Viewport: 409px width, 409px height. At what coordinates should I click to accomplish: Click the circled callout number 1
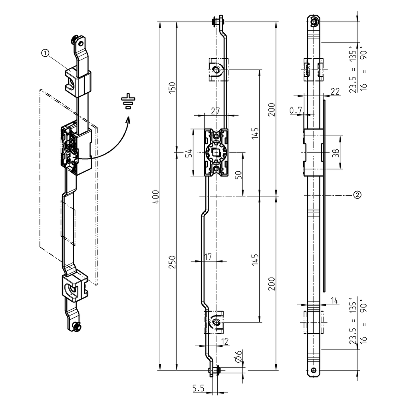[x=46, y=53]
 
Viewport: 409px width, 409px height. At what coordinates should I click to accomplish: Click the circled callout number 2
[x=357, y=195]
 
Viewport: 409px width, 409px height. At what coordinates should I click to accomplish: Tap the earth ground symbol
[x=128, y=102]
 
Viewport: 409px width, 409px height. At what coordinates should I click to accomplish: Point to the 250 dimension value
[x=172, y=262]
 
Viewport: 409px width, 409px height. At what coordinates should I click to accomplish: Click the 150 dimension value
[x=172, y=87]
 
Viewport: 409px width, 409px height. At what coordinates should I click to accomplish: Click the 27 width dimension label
[x=216, y=111]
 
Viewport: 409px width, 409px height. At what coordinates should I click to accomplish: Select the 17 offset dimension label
[x=208, y=257]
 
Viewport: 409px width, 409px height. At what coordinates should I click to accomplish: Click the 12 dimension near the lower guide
[x=225, y=341]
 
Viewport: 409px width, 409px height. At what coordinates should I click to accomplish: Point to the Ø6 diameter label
[x=238, y=357]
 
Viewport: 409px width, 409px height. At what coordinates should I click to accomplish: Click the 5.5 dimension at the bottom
[x=199, y=388]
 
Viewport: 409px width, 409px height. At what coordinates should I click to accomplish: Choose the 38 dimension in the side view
[x=336, y=153]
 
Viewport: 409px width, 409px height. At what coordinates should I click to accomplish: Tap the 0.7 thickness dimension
[x=296, y=111]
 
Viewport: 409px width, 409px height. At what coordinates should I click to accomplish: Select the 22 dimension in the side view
[x=335, y=91]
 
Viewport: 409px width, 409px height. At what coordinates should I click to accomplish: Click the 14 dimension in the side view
[x=335, y=301]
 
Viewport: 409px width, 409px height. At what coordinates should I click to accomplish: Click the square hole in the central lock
[x=216, y=152]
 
